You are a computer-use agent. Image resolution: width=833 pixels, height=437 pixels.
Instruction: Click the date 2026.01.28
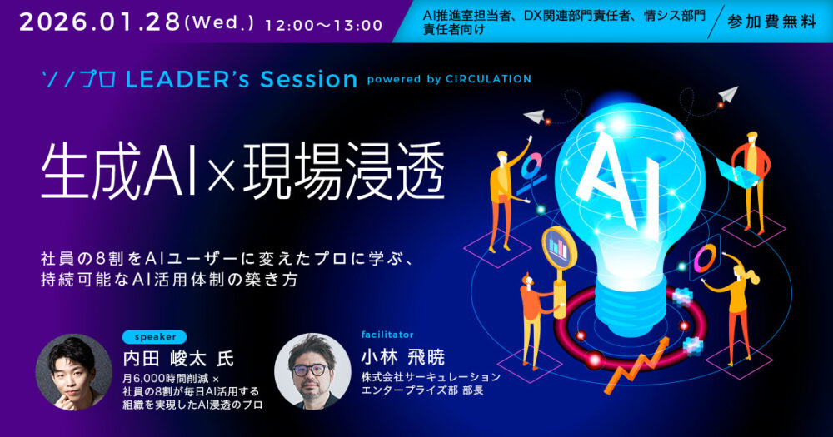click(100, 22)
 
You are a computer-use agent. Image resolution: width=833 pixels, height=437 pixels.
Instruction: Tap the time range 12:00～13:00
click(323, 25)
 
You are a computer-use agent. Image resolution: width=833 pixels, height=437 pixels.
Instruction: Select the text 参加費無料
click(771, 22)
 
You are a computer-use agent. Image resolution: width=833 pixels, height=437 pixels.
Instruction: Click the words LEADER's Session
click(242, 80)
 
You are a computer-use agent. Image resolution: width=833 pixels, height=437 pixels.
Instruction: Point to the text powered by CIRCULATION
click(449, 79)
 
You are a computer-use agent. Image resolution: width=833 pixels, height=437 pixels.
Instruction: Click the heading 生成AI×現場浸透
click(242, 171)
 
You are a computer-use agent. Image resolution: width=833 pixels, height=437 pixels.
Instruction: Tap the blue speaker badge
click(155, 336)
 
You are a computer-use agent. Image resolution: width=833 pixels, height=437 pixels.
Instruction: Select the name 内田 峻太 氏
click(178, 359)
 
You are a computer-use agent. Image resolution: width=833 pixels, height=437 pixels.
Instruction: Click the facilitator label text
click(387, 335)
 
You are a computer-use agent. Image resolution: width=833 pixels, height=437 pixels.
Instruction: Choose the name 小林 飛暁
click(402, 357)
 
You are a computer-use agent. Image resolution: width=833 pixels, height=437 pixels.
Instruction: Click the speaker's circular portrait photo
click(74, 372)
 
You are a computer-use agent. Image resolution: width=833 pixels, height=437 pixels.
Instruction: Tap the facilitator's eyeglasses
click(310, 370)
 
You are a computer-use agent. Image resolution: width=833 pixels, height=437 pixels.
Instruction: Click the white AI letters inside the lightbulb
click(621, 180)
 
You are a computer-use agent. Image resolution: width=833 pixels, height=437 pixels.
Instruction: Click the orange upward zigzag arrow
click(636, 365)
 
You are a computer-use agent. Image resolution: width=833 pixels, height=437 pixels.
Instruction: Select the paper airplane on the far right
click(727, 95)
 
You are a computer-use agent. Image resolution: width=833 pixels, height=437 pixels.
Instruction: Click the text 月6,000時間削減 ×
click(171, 379)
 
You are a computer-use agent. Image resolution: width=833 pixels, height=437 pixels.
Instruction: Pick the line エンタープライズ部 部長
click(422, 390)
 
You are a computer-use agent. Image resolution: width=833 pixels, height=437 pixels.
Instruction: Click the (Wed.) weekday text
click(219, 22)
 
